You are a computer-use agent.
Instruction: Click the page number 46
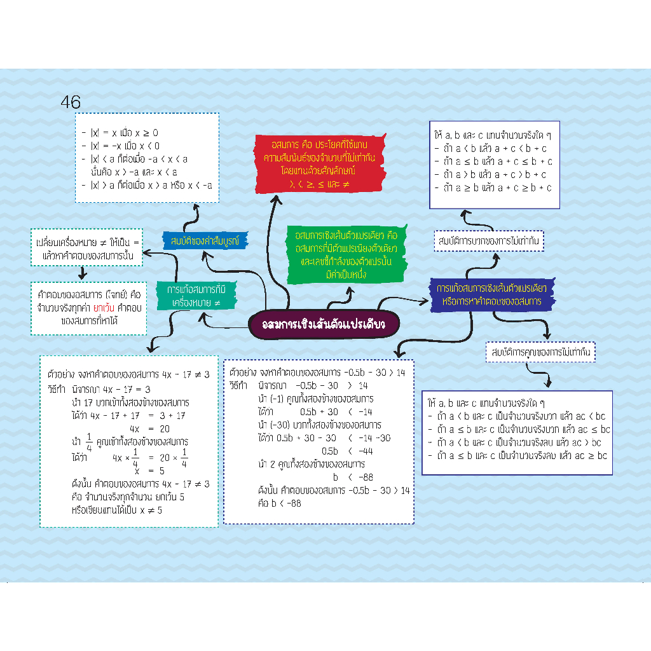[x=71, y=102]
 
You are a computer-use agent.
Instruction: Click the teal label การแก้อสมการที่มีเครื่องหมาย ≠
[x=197, y=296]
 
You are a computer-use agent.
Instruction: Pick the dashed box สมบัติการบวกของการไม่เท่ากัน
[x=490, y=241]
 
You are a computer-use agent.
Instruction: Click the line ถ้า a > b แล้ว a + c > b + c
[x=494, y=174]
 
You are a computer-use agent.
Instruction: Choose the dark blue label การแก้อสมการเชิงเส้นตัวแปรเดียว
[x=493, y=294]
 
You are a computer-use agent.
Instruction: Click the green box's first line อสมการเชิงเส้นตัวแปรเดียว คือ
[x=346, y=235]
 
